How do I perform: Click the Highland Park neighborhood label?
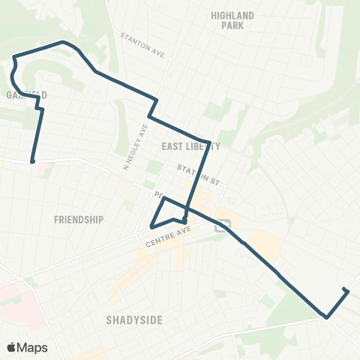(x=232, y=19)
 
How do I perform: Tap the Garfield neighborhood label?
(x=27, y=95)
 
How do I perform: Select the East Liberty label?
(x=190, y=147)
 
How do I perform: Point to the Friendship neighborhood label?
(x=79, y=219)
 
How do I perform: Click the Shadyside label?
(x=134, y=319)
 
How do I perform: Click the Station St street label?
(x=196, y=173)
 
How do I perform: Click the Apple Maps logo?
(x=27, y=347)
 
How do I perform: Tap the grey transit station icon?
(x=221, y=225)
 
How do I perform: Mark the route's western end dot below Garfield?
(x=33, y=160)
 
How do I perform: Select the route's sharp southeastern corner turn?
(x=326, y=317)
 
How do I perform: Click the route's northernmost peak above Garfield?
(x=62, y=42)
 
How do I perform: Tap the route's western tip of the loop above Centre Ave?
(x=151, y=226)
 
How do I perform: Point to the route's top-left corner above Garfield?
(x=13, y=55)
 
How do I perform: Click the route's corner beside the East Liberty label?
(x=208, y=139)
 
